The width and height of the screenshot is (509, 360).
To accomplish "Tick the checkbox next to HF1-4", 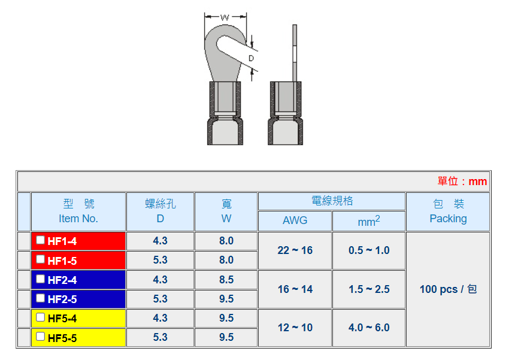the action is [x=40, y=240].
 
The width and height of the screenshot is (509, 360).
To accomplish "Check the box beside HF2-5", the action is [x=40, y=298].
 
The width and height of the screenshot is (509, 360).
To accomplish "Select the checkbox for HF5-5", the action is [x=40, y=336].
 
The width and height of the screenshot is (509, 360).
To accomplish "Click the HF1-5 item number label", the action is [x=62, y=261].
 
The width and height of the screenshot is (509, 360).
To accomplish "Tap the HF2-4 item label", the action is [x=62, y=280].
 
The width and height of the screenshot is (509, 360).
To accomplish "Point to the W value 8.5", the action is [x=226, y=280].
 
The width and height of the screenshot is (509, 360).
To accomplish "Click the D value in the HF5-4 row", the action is [x=160, y=318].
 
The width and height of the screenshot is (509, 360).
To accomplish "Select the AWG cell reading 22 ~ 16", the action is [x=295, y=250].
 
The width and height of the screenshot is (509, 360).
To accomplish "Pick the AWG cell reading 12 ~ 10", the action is [x=295, y=328].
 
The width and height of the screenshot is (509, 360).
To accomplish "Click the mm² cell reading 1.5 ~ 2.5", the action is [x=369, y=289].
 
